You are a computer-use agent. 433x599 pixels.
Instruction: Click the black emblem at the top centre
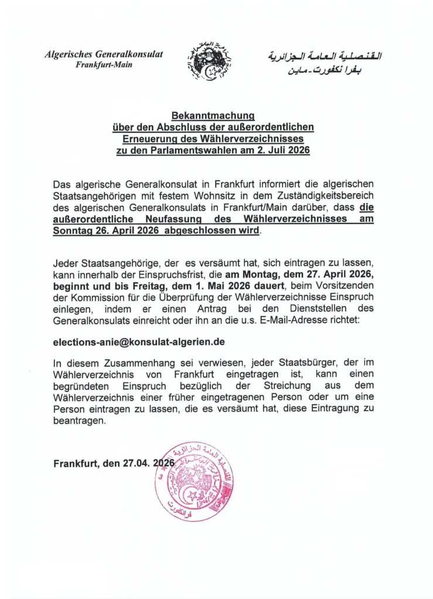209,60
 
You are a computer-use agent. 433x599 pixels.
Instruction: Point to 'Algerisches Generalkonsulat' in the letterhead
104,54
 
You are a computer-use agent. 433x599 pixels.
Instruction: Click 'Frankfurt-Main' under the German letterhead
104,65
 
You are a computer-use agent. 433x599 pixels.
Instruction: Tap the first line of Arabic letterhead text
324,57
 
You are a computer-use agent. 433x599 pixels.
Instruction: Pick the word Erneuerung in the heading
148,139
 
